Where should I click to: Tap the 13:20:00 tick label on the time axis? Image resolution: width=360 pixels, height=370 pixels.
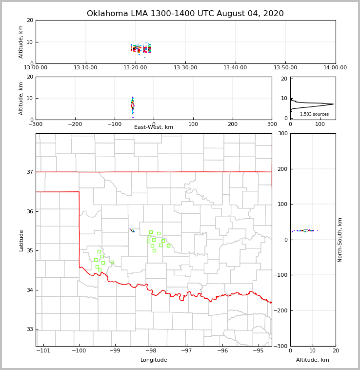(x=136, y=68)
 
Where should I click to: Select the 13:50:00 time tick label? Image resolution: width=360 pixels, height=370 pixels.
(x=285, y=68)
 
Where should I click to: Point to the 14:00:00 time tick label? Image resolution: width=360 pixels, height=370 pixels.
(x=335, y=68)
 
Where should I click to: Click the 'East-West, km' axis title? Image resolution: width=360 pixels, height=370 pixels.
(x=154, y=127)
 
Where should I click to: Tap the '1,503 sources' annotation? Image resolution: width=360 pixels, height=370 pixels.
(x=314, y=114)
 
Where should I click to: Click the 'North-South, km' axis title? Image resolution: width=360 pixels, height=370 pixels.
(x=340, y=240)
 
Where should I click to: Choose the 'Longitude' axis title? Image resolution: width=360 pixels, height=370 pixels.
(x=154, y=360)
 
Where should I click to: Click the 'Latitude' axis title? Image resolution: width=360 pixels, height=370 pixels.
(x=21, y=240)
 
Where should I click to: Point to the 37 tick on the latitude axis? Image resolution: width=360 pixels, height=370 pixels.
(x=29, y=172)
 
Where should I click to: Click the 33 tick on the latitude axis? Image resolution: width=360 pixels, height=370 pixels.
(x=29, y=329)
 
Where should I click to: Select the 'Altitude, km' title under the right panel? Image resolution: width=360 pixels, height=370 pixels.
(x=313, y=360)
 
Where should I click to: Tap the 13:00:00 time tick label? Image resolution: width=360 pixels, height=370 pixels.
(x=36, y=68)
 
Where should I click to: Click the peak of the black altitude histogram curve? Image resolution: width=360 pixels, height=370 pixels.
(x=334, y=104)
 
